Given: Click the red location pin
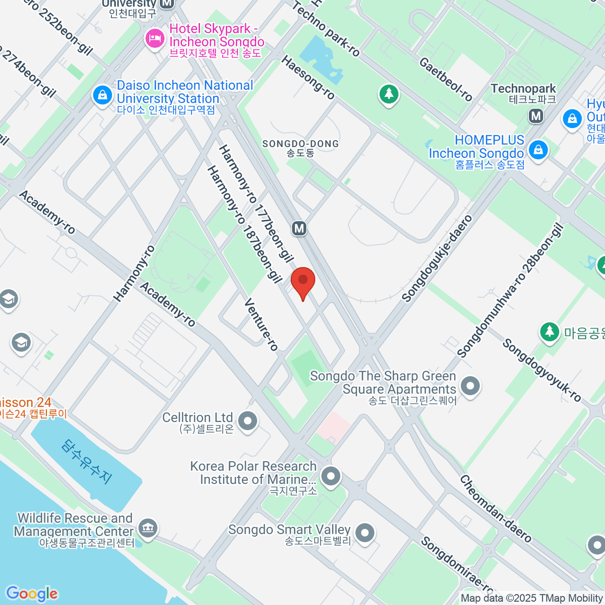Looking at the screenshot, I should [303, 281].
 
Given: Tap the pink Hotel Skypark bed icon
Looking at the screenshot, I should [155, 38].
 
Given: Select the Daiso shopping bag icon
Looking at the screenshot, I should [102, 95].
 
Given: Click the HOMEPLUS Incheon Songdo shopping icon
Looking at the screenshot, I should [538, 150].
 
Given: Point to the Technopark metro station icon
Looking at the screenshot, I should [536, 116].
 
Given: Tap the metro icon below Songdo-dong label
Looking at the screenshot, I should [299, 228].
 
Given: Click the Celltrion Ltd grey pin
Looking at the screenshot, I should [248, 421].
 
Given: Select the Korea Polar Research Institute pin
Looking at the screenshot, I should [331, 475].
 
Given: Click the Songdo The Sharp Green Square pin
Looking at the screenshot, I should [470, 387].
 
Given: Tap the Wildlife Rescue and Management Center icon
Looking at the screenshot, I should [148, 528].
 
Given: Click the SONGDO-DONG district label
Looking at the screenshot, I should [300, 144].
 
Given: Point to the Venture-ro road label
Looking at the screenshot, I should [261, 324].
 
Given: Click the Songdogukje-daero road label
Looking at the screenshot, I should [437, 258].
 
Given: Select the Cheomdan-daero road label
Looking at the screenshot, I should [495, 509].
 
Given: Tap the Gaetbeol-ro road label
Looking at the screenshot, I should [446, 79].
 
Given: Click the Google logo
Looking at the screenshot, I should [31, 593].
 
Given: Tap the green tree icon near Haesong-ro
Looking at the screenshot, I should [388, 94].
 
